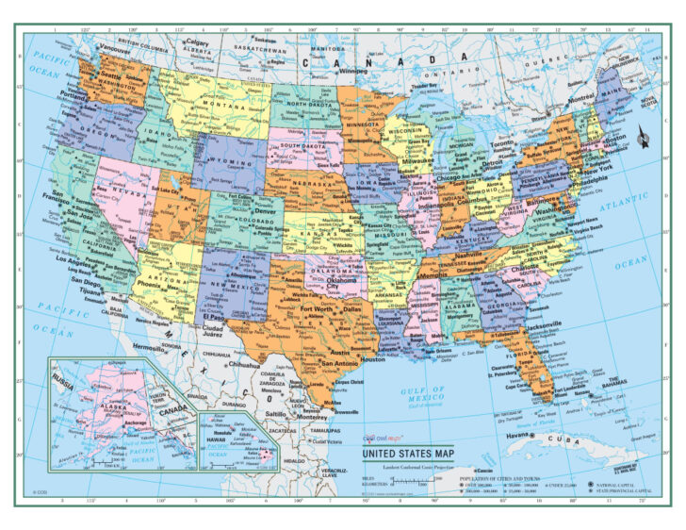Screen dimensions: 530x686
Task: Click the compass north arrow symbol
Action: [645, 139]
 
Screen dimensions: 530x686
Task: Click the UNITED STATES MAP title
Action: [406, 453]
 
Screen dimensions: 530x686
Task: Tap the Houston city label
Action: [373, 359]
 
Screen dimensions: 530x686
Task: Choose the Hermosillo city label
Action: [149, 347]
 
